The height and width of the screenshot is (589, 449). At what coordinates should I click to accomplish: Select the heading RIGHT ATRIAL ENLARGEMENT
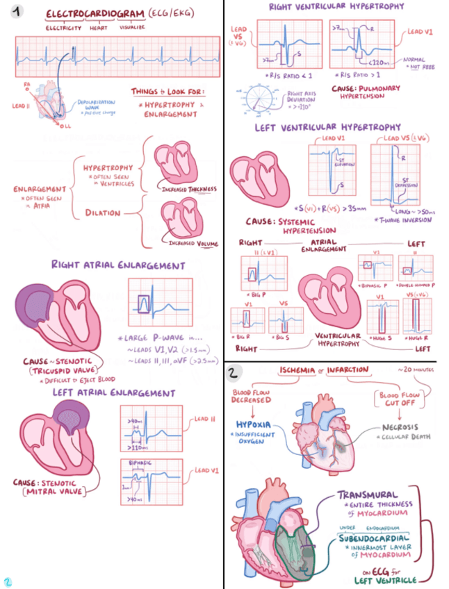pyautogui.click(x=117, y=265)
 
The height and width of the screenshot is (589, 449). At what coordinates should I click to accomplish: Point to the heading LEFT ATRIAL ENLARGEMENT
pyautogui.click(x=113, y=393)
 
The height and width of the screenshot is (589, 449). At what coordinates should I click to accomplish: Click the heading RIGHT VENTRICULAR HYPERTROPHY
pyautogui.click(x=336, y=6)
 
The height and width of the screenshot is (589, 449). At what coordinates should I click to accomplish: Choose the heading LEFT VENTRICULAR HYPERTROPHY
pyautogui.click(x=328, y=127)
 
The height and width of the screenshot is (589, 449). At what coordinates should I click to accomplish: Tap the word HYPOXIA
pyautogui.click(x=254, y=423)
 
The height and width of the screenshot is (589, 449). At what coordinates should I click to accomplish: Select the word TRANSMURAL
pyautogui.click(x=368, y=495)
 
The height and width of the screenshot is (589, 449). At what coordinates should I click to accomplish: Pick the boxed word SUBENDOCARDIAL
pyautogui.click(x=373, y=538)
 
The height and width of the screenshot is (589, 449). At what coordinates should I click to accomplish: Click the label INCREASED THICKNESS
pyautogui.click(x=190, y=189)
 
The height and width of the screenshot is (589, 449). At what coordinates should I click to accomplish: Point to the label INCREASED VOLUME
pyautogui.click(x=193, y=244)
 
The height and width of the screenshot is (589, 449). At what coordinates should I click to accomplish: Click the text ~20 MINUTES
pyautogui.click(x=416, y=370)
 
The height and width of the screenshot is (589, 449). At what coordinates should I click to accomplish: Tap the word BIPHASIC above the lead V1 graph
pyautogui.click(x=141, y=461)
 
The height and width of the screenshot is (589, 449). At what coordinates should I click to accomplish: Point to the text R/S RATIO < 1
pyautogui.click(x=284, y=74)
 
